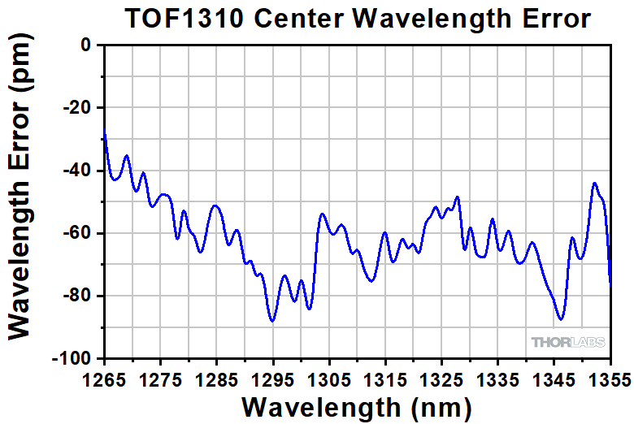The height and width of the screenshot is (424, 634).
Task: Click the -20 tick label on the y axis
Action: coord(80,108)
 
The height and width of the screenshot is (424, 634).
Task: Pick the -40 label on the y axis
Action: coord(80,171)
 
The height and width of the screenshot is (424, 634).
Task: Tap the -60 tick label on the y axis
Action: coord(80,233)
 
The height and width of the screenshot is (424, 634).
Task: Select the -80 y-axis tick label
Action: coord(80,296)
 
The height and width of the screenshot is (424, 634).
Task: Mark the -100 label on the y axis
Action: coord(75,358)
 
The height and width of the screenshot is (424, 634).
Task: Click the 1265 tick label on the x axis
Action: coord(105,379)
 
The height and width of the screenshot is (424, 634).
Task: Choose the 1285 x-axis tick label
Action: coord(217,379)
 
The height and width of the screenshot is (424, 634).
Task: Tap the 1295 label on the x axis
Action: coord(273,379)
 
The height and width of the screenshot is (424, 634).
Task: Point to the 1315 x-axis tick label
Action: coord(385,379)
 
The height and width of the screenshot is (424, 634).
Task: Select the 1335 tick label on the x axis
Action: coord(497,379)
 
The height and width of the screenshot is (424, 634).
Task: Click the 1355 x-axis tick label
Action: coord(610,379)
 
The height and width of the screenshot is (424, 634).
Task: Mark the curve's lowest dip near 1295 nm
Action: coord(273,321)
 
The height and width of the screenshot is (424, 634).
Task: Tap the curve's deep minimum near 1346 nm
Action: coord(560,319)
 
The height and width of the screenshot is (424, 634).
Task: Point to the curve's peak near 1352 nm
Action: coord(594,184)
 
